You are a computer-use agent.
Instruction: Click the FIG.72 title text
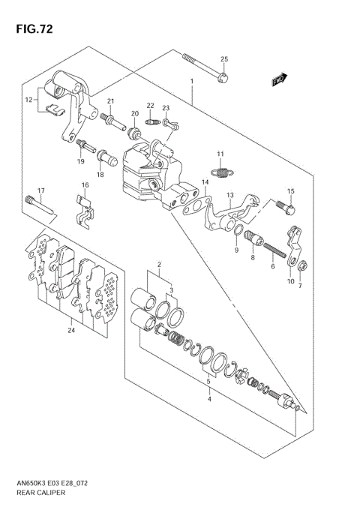(x=31, y=31)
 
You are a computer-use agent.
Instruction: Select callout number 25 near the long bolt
(x=223, y=59)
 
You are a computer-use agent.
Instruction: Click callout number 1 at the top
(x=192, y=81)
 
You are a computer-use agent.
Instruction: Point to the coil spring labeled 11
(x=220, y=172)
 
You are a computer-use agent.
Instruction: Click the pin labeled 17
(x=40, y=205)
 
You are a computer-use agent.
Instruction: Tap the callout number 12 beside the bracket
(x=28, y=99)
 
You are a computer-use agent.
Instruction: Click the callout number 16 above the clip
(x=85, y=185)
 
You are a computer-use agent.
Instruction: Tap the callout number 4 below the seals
(x=210, y=398)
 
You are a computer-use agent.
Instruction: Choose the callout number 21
(x=109, y=101)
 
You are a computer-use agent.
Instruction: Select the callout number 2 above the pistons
(x=159, y=265)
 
